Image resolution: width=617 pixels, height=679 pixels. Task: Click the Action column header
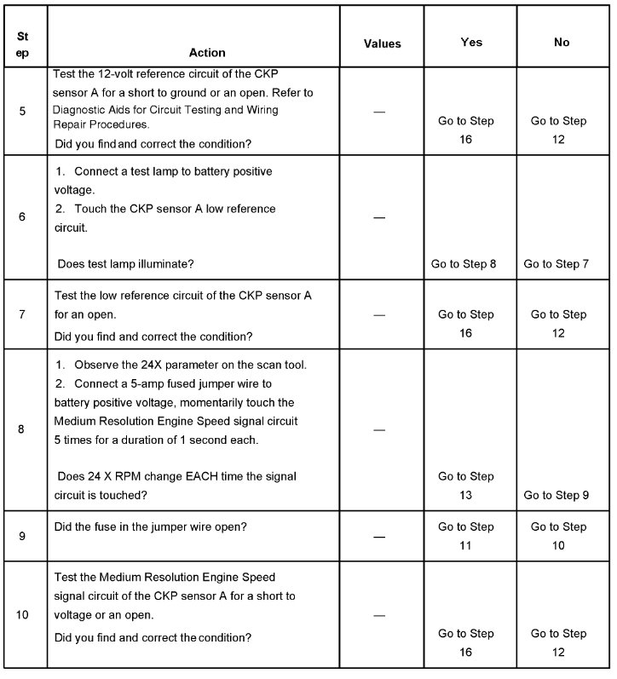(x=194, y=51)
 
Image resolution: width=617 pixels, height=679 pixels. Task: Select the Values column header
(x=382, y=43)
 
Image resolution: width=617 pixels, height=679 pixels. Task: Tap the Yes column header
(x=471, y=42)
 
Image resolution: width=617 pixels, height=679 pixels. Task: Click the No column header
(x=562, y=42)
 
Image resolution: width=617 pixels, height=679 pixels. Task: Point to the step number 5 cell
(x=22, y=111)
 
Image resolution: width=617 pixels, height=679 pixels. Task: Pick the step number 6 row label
(x=22, y=216)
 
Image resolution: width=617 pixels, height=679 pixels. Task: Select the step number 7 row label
(x=22, y=314)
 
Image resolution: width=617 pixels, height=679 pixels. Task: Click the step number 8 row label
(x=21, y=429)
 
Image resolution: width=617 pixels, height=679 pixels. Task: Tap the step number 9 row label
(x=22, y=536)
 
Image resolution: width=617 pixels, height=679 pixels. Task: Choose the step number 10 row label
(x=22, y=613)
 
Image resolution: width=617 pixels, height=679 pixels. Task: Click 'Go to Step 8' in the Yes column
(x=464, y=264)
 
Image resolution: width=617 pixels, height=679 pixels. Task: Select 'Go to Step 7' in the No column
(x=556, y=264)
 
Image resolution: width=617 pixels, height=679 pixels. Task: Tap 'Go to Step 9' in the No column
(x=556, y=495)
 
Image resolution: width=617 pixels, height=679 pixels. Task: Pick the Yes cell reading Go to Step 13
(x=465, y=486)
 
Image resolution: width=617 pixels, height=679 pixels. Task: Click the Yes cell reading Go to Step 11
(x=465, y=536)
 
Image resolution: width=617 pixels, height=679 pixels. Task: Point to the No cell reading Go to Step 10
(x=557, y=536)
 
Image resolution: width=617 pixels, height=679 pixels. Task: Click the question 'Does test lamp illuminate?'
(x=125, y=264)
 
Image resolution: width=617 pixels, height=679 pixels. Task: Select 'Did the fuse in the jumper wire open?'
(x=150, y=527)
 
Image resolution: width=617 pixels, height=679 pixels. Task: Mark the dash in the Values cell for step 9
(x=379, y=537)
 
